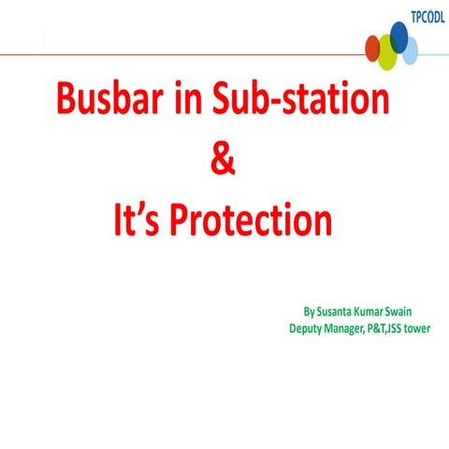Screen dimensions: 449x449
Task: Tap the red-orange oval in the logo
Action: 373,47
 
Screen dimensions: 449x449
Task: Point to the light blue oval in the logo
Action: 409,51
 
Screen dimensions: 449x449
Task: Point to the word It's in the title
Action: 138,222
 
